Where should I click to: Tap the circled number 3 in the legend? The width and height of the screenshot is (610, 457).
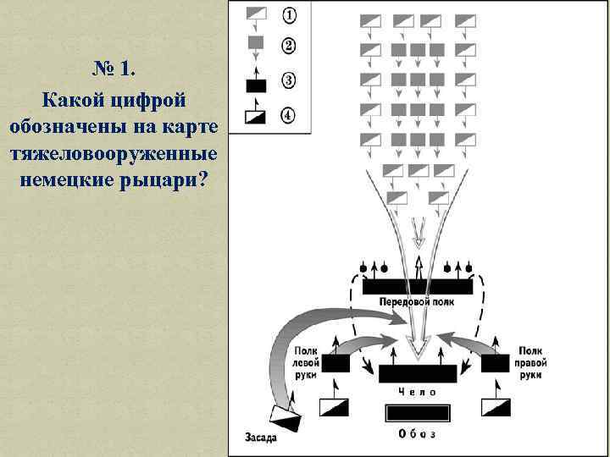point(289,81)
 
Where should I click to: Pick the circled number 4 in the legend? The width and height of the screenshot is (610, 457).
point(289,115)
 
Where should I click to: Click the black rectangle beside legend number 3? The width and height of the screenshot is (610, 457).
point(255,85)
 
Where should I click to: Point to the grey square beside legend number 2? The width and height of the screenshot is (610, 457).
point(255,42)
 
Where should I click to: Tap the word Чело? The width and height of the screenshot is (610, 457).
point(418,392)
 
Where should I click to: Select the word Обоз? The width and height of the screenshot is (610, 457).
point(418,434)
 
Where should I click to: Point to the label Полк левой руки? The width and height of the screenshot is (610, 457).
point(307,361)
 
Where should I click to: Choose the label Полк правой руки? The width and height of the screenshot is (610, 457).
point(531,361)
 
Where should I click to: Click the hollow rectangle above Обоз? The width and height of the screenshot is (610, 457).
point(418,413)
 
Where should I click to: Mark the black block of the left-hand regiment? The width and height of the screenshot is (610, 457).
point(334,363)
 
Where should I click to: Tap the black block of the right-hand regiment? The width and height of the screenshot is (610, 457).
point(498,363)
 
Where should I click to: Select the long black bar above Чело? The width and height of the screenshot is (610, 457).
point(418,374)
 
